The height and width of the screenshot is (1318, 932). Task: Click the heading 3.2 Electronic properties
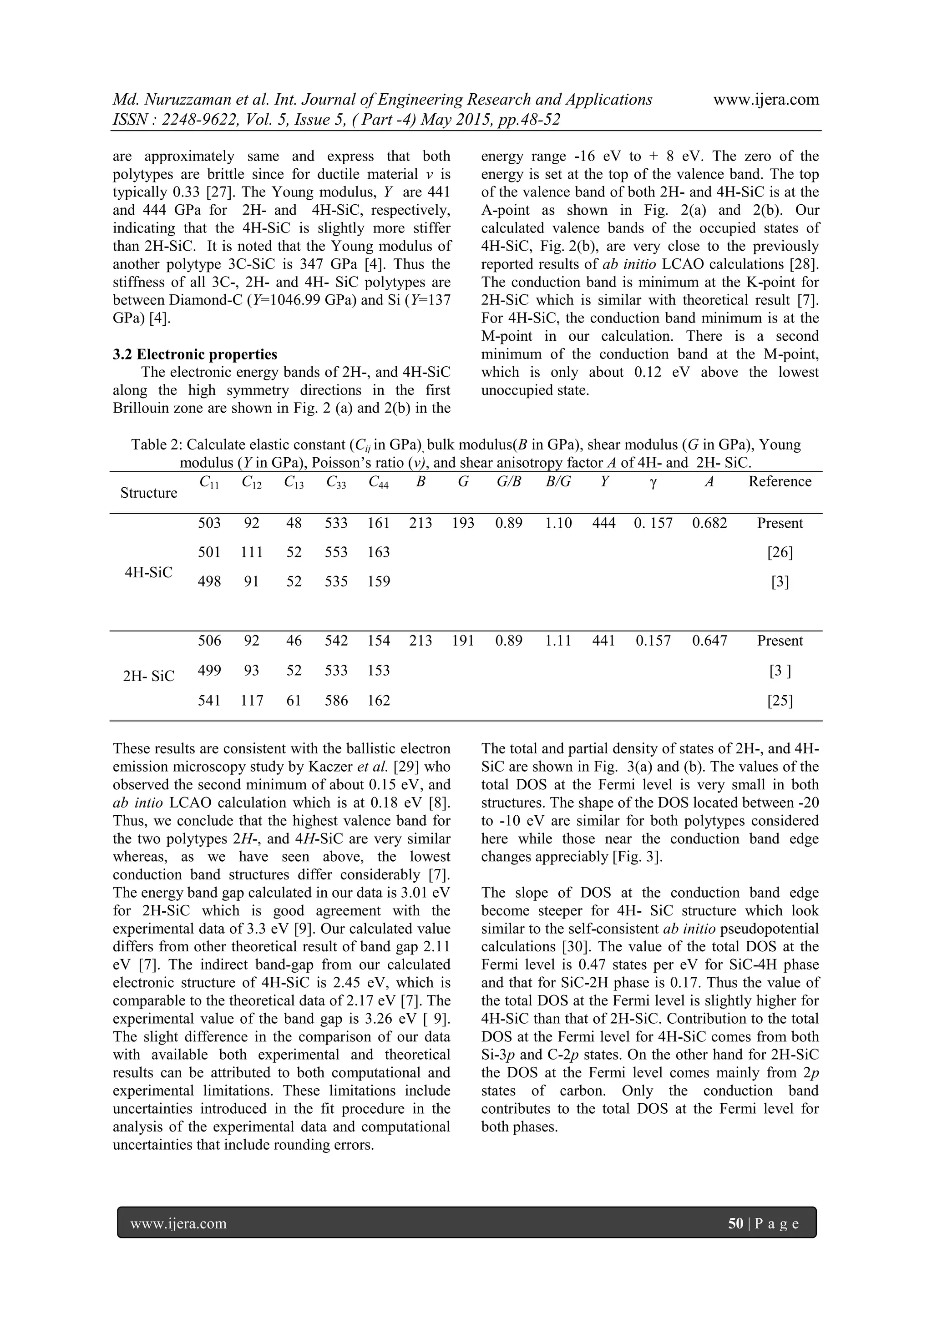[x=195, y=354]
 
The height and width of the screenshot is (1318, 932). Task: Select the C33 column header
[x=336, y=483]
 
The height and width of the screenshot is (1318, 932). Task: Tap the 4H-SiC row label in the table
[x=149, y=572]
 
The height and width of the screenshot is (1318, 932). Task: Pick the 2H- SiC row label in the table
[x=149, y=676]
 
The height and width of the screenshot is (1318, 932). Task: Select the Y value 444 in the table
[x=603, y=523]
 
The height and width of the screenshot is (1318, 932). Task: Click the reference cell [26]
[x=780, y=552]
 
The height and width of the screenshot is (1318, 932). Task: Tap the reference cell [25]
[x=780, y=700]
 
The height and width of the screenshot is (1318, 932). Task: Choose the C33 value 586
[x=336, y=700]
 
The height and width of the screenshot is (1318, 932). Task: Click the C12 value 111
[x=252, y=552]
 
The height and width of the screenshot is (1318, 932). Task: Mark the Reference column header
[x=780, y=482]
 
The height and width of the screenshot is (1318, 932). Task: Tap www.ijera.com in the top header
[x=765, y=100]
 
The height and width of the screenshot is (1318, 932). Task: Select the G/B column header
[x=509, y=482]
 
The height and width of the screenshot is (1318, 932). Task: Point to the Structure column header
[x=149, y=493]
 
